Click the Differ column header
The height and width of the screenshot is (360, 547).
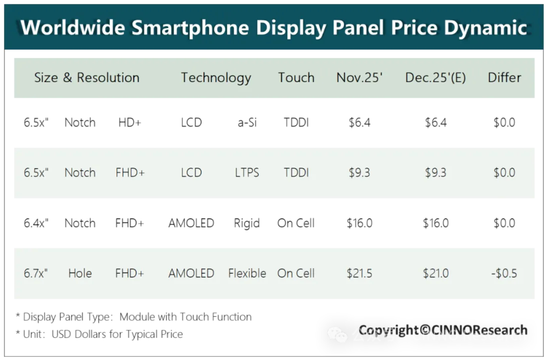pyautogui.click(x=504, y=77)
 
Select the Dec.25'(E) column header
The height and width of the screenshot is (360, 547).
pyautogui.click(x=435, y=77)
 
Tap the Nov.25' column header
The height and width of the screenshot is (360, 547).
pyautogui.click(x=359, y=77)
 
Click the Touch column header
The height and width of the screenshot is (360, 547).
pyautogui.click(x=296, y=77)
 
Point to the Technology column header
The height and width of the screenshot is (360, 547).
pyautogui.click(x=216, y=78)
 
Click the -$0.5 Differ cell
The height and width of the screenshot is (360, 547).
pyautogui.click(x=504, y=273)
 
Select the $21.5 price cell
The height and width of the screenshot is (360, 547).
pyautogui.click(x=359, y=273)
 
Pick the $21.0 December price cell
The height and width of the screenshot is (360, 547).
pyautogui.click(x=435, y=273)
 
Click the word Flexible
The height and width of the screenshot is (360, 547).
pyautogui.click(x=247, y=273)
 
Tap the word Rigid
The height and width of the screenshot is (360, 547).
pyautogui.click(x=246, y=223)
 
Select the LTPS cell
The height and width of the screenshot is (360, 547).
pyautogui.click(x=247, y=173)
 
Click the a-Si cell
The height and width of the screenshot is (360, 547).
pyautogui.click(x=247, y=123)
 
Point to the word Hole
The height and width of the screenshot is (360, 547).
pyautogui.click(x=80, y=273)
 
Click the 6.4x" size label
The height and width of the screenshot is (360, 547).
pyautogui.click(x=36, y=223)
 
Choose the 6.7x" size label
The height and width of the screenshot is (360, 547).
pyautogui.click(x=35, y=273)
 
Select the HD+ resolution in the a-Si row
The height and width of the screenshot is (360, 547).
pyautogui.click(x=130, y=123)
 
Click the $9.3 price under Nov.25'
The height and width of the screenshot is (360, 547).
pyautogui.click(x=359, y=173)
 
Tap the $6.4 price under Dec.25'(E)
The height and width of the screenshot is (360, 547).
pyautogui.click(x=435, y=123)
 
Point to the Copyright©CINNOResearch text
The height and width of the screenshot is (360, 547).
pyautogui.click(x=443, y=330)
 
